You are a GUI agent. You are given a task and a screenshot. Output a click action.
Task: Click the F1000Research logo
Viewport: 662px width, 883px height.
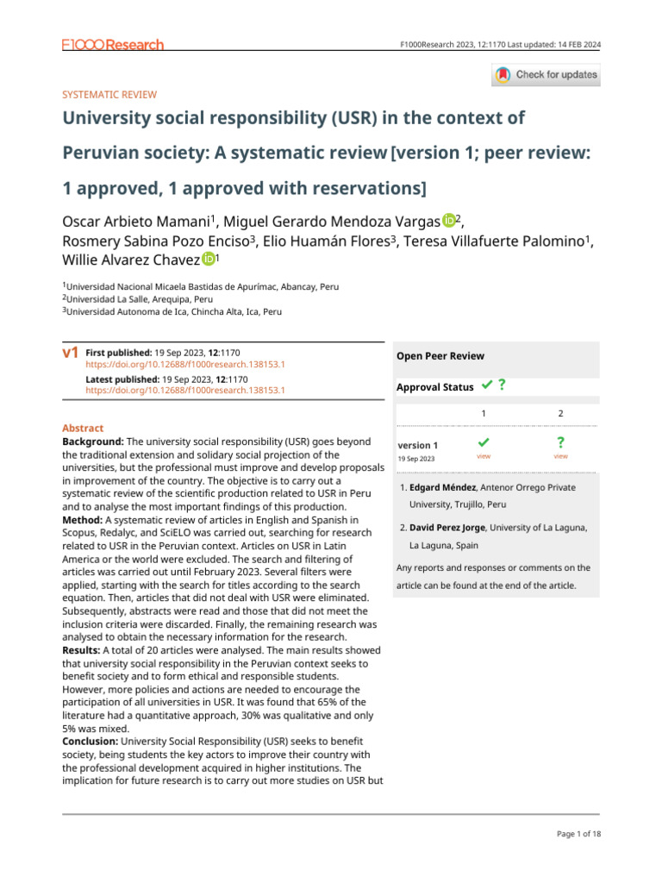coord(113,45)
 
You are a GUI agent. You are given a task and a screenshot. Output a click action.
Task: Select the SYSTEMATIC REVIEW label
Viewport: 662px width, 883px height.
coord(109,95)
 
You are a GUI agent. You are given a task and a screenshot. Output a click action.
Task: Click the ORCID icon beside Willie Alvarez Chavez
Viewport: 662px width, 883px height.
coord(209,259)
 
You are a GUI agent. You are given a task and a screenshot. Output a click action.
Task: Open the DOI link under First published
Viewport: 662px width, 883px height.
coord(185,364)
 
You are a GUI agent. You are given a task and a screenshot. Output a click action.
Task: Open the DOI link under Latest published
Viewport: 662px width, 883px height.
coord(185,390)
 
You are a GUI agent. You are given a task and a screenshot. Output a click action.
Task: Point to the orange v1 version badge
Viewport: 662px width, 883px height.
coord(71,353)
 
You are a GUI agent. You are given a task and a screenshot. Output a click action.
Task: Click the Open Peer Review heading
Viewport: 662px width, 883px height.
coord(440,356)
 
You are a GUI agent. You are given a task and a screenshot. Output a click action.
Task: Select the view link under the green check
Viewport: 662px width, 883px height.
coord(484,455)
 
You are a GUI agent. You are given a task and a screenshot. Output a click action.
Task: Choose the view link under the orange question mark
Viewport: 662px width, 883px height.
coord(560,455)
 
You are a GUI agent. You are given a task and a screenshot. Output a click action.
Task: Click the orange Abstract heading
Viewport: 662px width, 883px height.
coord(83,429)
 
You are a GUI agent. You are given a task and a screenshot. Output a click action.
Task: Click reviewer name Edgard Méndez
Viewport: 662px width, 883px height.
coord(446,487)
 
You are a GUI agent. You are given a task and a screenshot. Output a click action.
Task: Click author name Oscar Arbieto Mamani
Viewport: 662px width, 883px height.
coord(138,222)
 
